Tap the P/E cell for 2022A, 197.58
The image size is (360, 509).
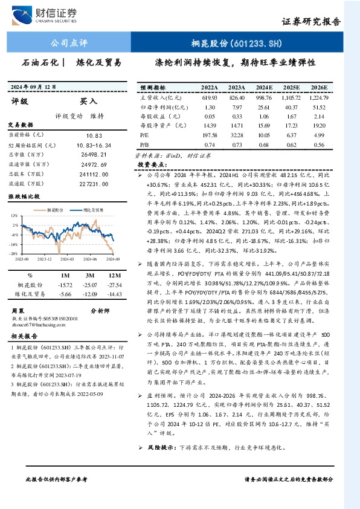tap(210, 136)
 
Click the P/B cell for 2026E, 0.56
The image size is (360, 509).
tap(320, 145)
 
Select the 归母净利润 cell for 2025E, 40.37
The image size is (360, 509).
tap(292, 107)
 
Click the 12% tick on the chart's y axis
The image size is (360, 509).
tap(13, 216)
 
